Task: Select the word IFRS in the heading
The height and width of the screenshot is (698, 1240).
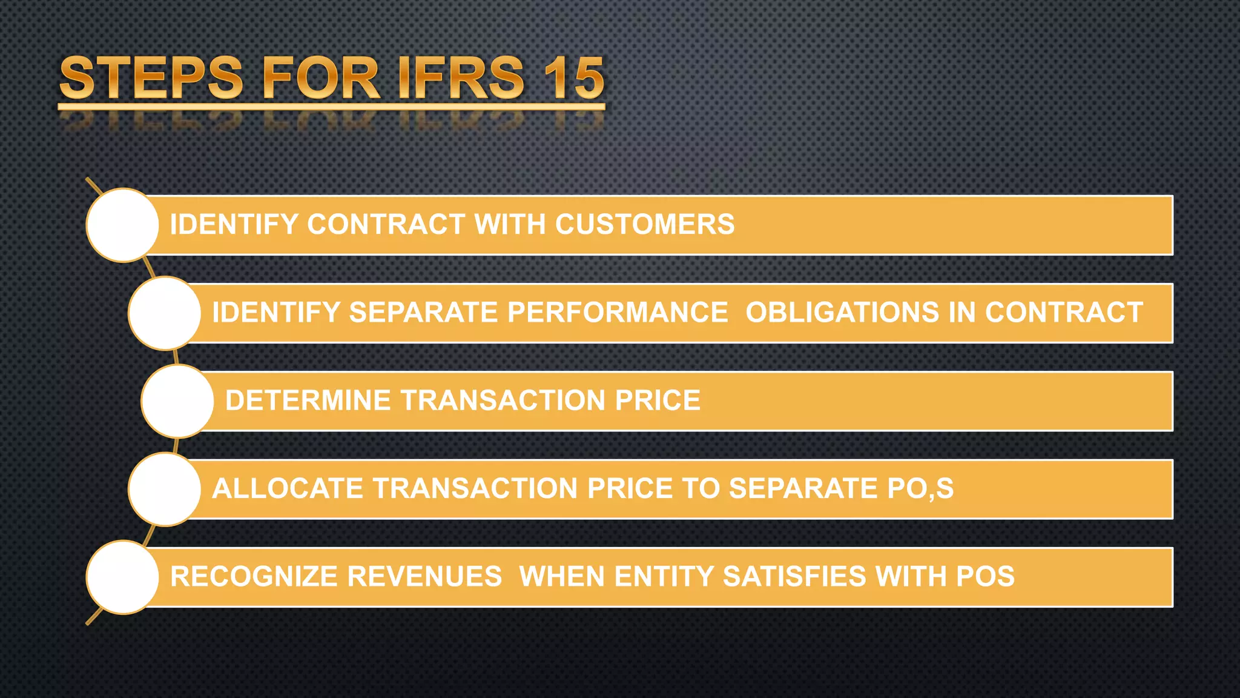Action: coord(461,78)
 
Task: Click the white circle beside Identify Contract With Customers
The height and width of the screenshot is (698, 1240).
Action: coord(123,225)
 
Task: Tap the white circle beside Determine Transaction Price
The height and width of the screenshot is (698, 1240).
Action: coord(177,401)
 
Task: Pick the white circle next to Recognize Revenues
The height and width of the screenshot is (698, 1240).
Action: coord(123,577)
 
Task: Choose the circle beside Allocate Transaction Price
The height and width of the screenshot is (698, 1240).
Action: coord(165,489)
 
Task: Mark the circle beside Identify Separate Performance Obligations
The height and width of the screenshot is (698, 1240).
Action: coord(165,313)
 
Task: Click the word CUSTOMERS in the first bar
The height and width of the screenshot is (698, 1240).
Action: coord(645,224)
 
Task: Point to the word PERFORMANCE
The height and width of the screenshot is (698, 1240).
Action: coord(618,313)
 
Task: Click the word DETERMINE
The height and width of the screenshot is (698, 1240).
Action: coord(308,401)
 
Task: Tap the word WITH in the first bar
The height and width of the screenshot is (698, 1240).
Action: coord(510,224)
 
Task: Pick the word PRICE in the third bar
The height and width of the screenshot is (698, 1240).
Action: coord(658,401)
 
